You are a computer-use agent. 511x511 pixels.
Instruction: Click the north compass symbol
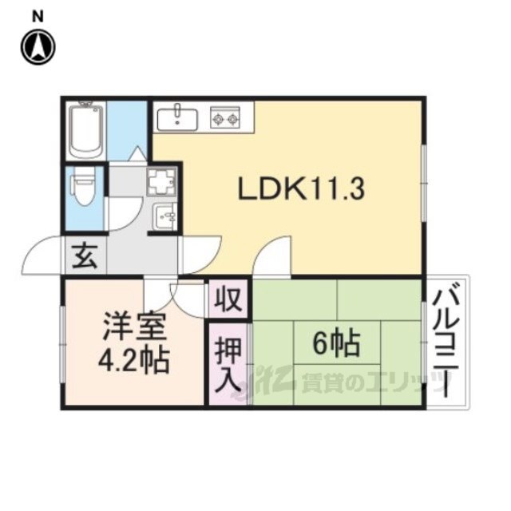[x=38, y=47]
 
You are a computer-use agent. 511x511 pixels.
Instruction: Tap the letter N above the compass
[x=38, y=17]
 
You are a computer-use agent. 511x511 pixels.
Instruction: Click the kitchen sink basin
[x=177, y=120]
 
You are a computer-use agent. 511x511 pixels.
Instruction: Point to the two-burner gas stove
[x=225, y=117]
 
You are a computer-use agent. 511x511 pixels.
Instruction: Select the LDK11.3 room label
[x=302, y=189]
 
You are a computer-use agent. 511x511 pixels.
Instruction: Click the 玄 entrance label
[x=85, y=255]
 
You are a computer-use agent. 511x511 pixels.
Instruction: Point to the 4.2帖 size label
[x=134, y=361]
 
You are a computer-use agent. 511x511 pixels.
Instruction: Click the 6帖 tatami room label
[x=337, y=343]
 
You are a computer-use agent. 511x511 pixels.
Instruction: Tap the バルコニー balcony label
[x=447, y=340]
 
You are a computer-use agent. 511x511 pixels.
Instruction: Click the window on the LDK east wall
[x=424, y=184]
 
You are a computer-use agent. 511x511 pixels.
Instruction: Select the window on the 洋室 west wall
[x=62, y=344]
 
